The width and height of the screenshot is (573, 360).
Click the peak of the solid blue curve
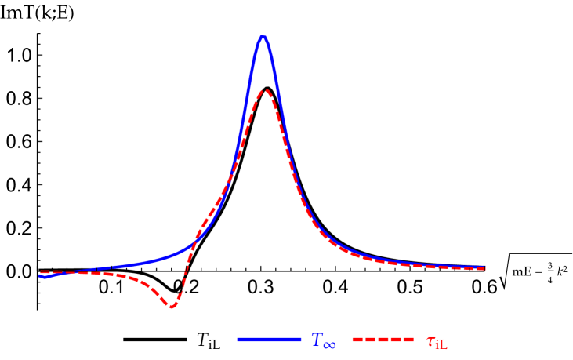tap(263, 37)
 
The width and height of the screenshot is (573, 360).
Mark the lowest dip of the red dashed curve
tap(172, 306)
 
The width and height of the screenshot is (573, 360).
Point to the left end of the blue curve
tap(39, 275)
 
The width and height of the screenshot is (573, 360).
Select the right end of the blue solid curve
tap(485, 267)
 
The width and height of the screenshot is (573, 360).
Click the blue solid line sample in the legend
tap(269, 339)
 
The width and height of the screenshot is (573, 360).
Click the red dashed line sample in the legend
tap(383, 339)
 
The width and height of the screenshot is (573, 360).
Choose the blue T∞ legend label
tap(323, 340)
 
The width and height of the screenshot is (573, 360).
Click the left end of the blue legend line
tap(239, 339)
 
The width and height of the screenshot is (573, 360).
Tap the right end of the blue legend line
tap(299, 339)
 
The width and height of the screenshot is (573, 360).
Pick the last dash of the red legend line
tap(407, 339)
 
